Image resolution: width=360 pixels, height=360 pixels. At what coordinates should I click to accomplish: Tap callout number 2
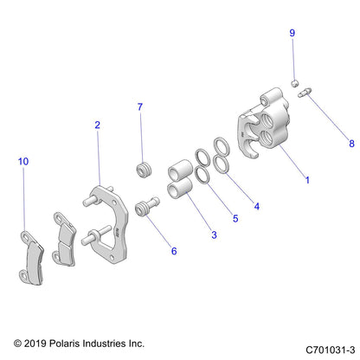pyautogui.click(x=97, y=125)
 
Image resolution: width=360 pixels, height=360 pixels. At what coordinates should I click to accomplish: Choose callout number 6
pyautogui.click(x=173, y=251)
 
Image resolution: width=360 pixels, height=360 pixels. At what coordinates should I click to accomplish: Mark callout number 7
pyautogui.click(x=139, y=107)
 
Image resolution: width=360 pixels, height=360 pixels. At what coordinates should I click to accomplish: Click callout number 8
pyautogui.click(x=327, y=144)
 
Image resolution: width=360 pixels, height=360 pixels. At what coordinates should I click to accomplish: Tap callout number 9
pyautogui.click(x=292, y=32)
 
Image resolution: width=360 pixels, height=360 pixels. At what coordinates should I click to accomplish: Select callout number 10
pyautogui.click(x=22, y=162)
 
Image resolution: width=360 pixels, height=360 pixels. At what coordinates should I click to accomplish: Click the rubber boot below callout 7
pyautogui.click(x=143, y=166)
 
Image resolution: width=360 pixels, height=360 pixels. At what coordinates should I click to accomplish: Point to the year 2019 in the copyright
pyautogui.click(x=35, y=344)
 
